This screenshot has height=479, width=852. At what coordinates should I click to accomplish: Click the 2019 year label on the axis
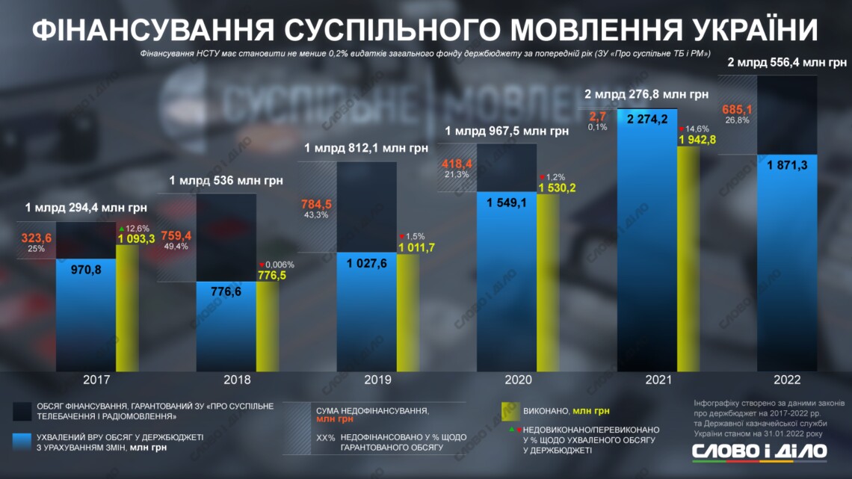click(x=378, y=380)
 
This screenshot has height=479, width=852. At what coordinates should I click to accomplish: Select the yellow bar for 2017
click(x=127, y=314)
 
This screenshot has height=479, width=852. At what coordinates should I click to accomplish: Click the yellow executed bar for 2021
click(x=688, y=262)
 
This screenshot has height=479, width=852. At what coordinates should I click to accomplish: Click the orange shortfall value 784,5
click(x=317, y=204)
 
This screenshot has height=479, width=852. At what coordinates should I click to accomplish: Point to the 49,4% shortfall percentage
click(x=175, y=247)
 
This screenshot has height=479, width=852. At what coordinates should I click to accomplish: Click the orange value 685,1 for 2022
click(x=736, y=110)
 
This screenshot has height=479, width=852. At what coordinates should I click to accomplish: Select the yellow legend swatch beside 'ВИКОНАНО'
click(x=510, y=410)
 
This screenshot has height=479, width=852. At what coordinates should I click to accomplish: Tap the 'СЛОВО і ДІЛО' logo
click(x=759, y=451)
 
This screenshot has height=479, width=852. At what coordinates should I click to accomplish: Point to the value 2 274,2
click(x=647, y=119)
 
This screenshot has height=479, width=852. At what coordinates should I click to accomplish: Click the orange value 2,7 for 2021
click(x=597, y=116)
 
